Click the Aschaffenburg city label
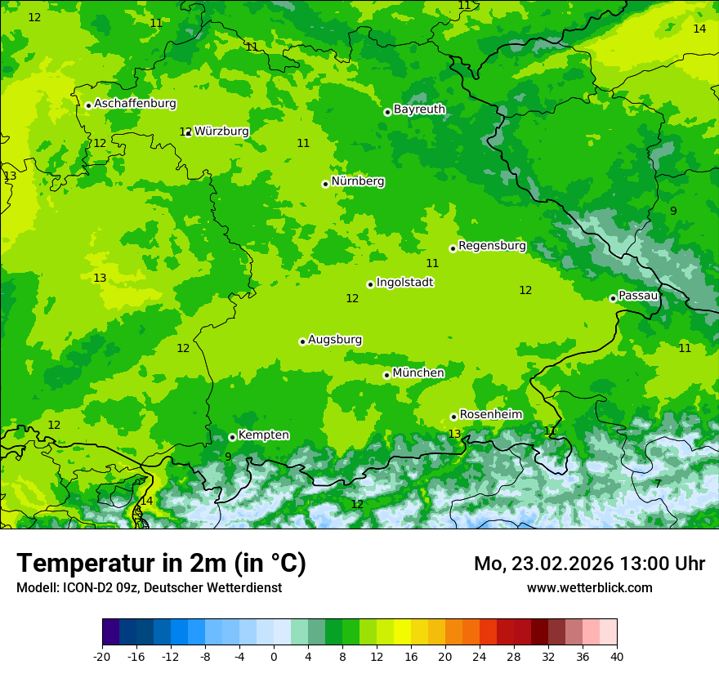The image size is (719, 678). tap(135, 104)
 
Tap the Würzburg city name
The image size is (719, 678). tap(221, 131)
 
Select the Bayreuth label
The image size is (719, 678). tap(419, 109)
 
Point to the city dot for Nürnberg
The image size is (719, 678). tap(325, 184)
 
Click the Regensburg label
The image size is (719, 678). tap(492, 246)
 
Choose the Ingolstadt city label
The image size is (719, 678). tap(404, 283)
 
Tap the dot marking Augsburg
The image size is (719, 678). tap(302, 341)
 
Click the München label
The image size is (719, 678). tap(418, 373)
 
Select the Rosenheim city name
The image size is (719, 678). tap(490, 415)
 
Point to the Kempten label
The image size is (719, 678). tap(263, 435)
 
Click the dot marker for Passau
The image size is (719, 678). tap(613, 298)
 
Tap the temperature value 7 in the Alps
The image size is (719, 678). tap(658, 484)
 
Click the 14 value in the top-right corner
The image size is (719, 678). tap(699, 29)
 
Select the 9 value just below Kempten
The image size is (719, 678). tap(228, 457)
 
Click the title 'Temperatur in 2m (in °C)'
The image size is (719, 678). tap(161, 563)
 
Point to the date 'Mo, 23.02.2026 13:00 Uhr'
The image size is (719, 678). tap(589, 564)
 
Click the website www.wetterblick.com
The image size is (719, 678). tap(589, 588)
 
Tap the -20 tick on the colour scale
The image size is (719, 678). tap(102, 656)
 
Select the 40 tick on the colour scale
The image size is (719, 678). tap(616, 656)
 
